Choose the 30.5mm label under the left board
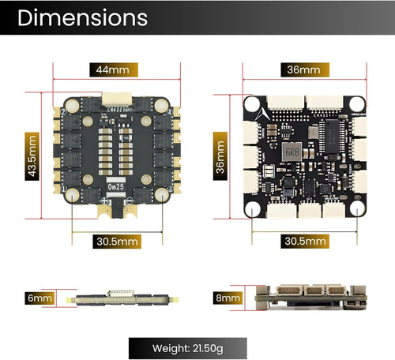click(118, 240)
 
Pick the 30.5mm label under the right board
click(305, 240)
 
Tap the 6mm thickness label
click(40, 298)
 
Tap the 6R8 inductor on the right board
click(291, 150)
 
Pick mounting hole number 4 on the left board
click(162, 194)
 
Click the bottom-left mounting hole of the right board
click(254, 208)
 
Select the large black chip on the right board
click(327, 147)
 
